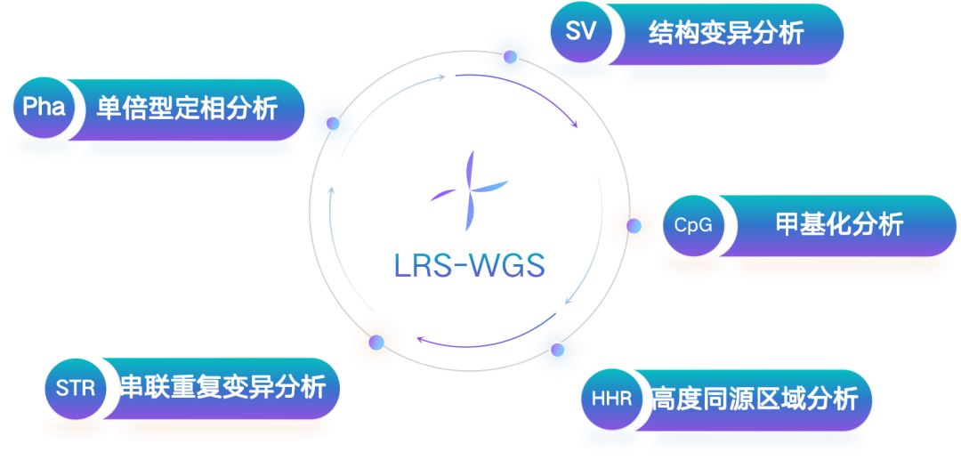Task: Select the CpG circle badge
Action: (693, 225)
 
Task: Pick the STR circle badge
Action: (75, 389)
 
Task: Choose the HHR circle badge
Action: (611, 398)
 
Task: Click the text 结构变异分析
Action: (726, 33)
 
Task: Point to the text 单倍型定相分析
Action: (187, 109)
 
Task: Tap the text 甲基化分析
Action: (839, 224)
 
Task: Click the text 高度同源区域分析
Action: (754, 398)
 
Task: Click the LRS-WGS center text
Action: (469, 264)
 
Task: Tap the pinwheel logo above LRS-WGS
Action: (470, 190)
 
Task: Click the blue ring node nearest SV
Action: (510, 57)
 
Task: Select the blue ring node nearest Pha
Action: (333, 123)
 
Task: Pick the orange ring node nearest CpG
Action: (634, 227)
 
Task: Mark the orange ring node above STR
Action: (376, 343)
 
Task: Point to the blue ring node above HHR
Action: (557, 350)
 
